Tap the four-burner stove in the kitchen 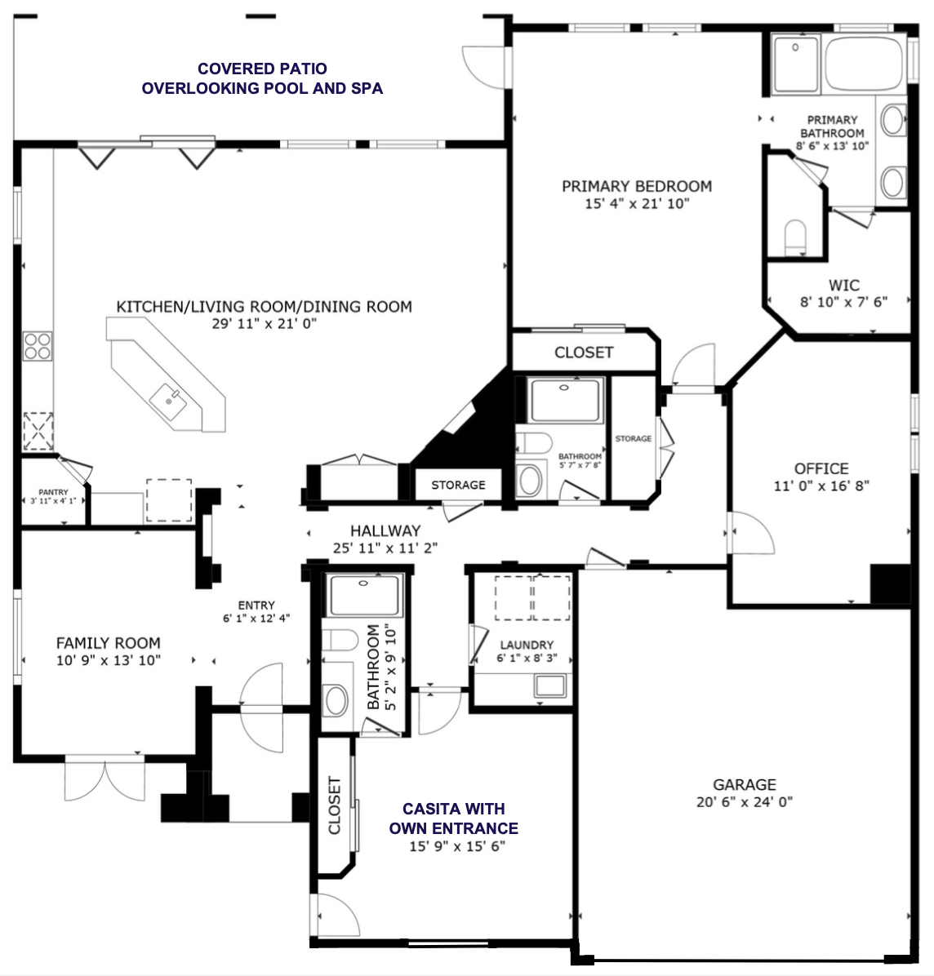point(38,346)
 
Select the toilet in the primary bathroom point(795,237)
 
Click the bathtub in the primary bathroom point(863,62)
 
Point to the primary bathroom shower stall point(796,63)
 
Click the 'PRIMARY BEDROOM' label point(637,186)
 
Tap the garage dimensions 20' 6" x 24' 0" point(744,802)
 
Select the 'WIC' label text point(843,286)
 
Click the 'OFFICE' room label point(821,468)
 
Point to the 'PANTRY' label point(53,493)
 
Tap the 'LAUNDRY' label point(527,645)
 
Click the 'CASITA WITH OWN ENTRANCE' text point(454,819)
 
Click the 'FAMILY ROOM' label point(108,643)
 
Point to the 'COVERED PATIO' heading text point(262,69)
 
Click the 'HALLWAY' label point(385,530)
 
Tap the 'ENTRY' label point(256,606)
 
